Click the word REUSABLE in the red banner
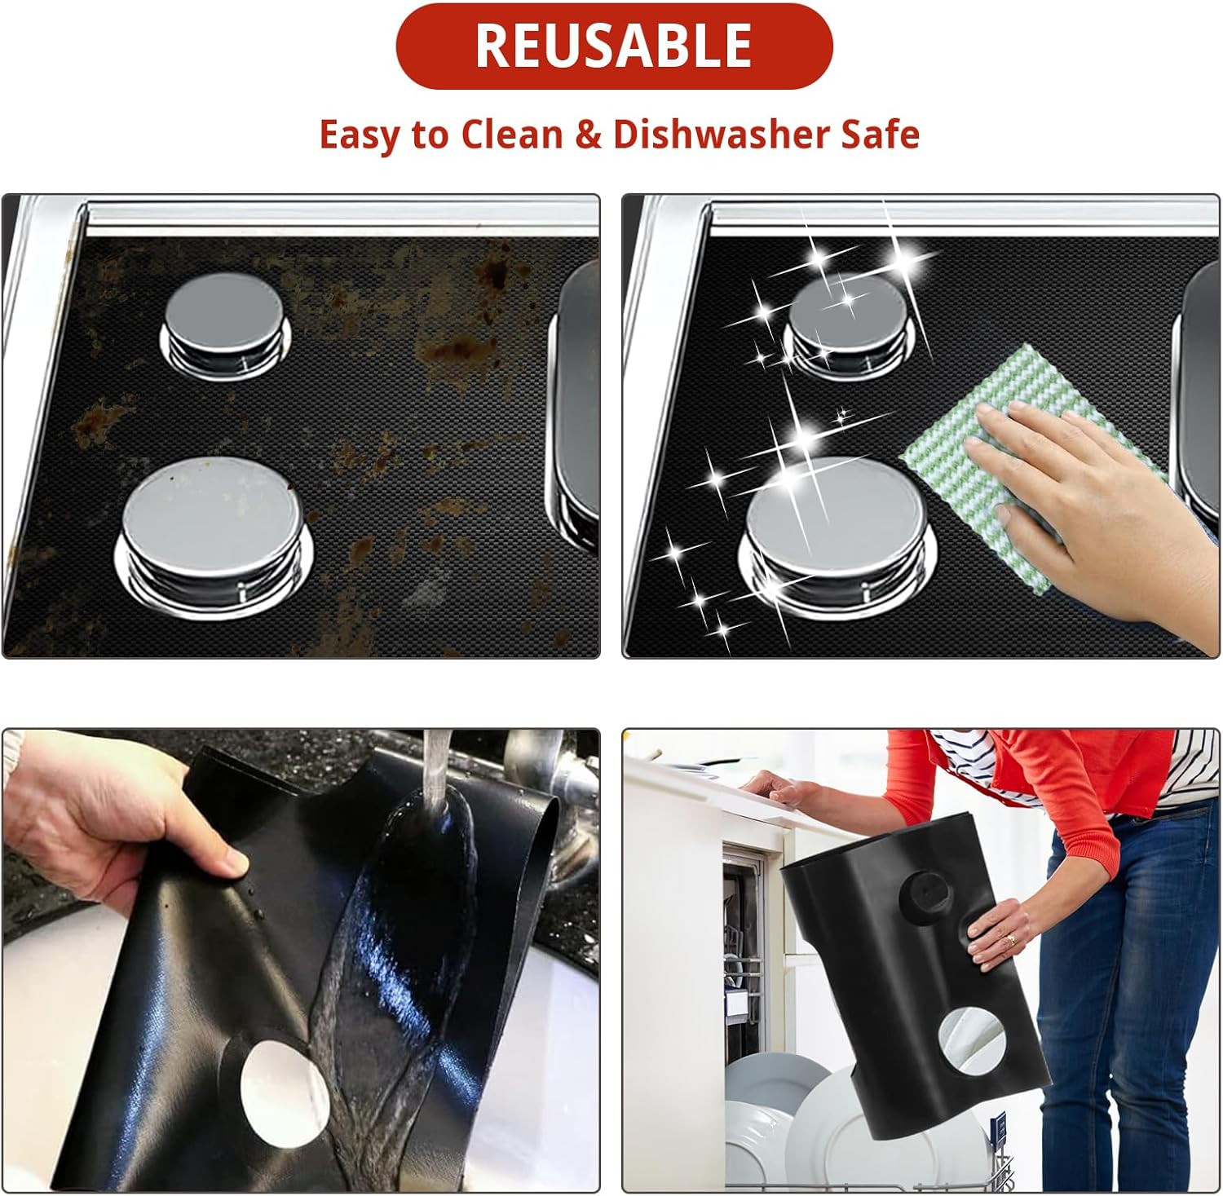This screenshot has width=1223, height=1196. [x=613, y=46]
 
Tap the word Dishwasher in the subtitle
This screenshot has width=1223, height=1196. [x=714, y=135]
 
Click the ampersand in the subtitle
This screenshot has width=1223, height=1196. [x=587, y=135]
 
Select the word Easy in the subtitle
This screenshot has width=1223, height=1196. [x=359, y=135]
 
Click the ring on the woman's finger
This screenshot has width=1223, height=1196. [x=1010, y=940]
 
